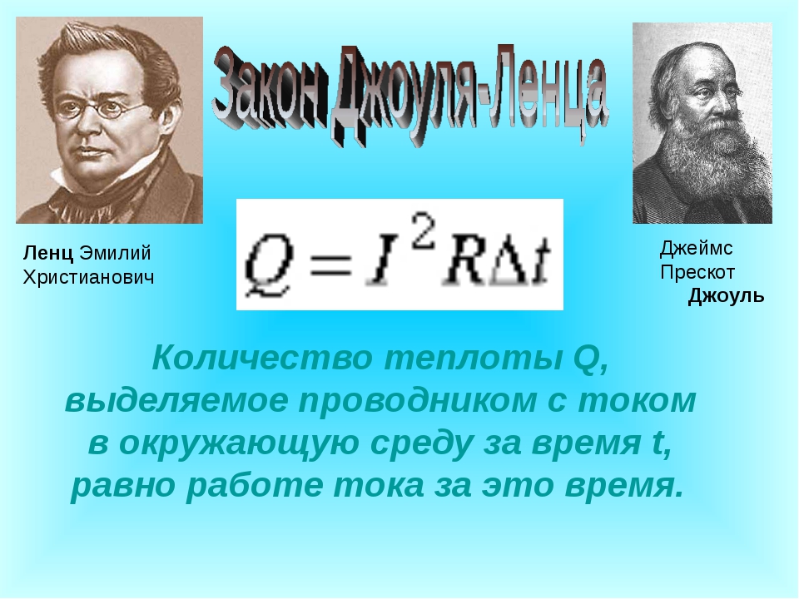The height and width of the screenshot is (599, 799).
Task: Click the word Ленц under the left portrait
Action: click(48, 253)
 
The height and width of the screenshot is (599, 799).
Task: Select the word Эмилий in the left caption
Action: click(115, 253)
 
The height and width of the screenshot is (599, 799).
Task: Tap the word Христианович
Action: click(88, 278)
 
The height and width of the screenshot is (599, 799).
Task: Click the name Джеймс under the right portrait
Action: click(696, 249)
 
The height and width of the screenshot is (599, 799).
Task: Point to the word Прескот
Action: click(697, 273)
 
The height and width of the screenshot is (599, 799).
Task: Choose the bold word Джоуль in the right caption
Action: click(726, 296)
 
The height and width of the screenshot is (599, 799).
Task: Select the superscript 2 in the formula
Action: click(423, 233)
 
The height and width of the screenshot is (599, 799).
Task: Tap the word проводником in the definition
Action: click(417, 401)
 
